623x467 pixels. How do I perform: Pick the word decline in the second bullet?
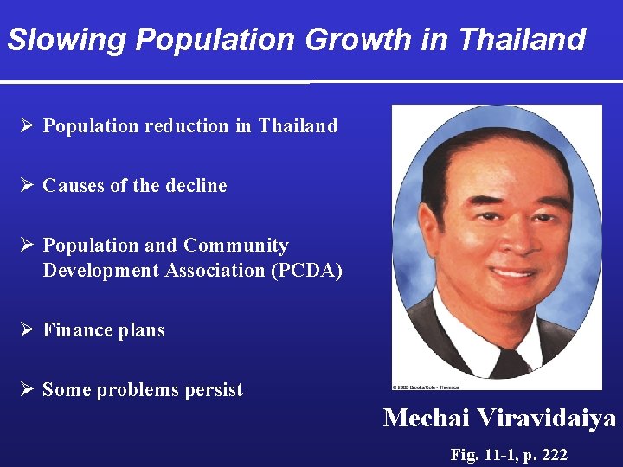click(198, 186)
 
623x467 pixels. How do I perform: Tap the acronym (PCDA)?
click(307, 271)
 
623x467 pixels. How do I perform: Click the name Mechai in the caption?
click(426, 419)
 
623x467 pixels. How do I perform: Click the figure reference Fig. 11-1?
click(485, 455)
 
